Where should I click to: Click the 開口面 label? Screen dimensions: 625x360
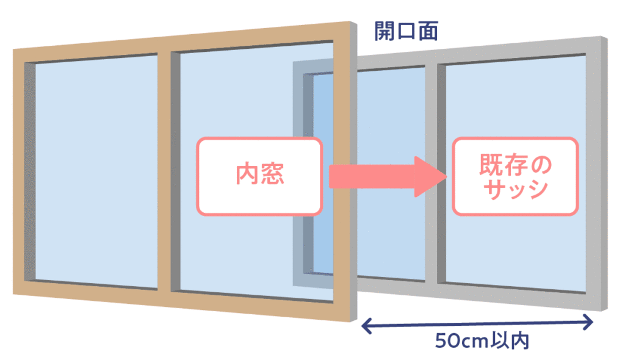coord(406,32)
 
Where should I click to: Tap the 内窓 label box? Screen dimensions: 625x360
coord(259,176)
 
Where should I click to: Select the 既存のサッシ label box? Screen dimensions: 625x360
coord(515,176)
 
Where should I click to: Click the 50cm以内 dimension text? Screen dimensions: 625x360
coord(482,341)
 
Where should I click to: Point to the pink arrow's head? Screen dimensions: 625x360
coord(430,176)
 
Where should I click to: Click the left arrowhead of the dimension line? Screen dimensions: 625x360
coord(366,326)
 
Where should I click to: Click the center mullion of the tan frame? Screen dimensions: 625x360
coord(164,172)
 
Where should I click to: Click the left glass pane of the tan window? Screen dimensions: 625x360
coord(96,172)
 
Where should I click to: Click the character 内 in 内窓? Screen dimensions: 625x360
coord(247,174)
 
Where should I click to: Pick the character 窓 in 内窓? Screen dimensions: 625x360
coord(273,175)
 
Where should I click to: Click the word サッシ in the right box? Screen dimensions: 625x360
coord(515,189)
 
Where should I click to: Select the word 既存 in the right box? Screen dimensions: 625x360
coord(503,164)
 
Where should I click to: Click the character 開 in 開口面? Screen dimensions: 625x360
coord(385,32)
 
